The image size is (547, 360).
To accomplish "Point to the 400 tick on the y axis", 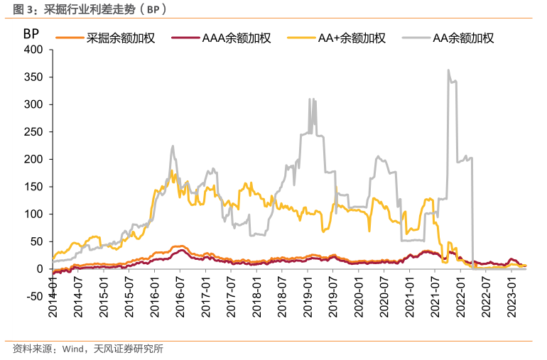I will (x=33, y=50).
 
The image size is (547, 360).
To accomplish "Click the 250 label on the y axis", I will (x=33, y=132).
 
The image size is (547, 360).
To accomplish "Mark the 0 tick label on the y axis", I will (x=40, y=269).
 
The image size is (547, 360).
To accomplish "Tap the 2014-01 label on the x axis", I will (x=53, y=291).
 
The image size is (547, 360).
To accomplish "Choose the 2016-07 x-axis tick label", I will (x=180, y=291).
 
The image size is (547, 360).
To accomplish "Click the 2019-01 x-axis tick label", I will (x=307, y=291).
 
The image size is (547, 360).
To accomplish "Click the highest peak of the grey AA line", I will (x=448, y=70).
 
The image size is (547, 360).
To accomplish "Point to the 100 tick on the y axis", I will (x=33, y=214).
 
